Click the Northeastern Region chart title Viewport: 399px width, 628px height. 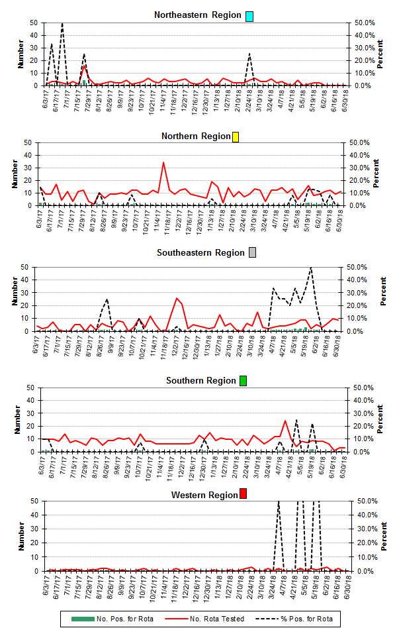coord(198,15)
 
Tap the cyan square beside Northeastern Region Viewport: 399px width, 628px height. coord(249,16)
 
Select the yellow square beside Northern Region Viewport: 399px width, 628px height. coord(236,137)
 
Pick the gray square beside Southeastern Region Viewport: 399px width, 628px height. coord(253,253)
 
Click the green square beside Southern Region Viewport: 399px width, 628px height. coord(243,381)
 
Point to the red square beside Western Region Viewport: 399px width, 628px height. coord(244,495)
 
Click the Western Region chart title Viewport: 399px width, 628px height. coord(204,495)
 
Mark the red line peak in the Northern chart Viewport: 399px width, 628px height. coord(163,162)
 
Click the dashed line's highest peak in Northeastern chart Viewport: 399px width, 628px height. coord(62,23)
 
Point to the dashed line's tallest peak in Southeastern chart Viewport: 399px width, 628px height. coord(311,268)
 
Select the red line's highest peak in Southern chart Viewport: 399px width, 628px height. coord(285,421)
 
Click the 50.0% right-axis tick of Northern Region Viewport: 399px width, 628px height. coord(362,142)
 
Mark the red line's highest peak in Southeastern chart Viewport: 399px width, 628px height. coord(177,298)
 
